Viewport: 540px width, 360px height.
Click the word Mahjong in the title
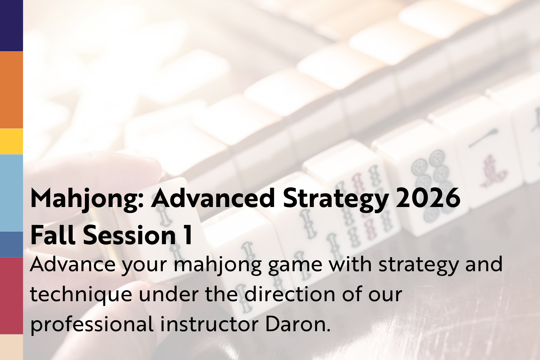click(x=87, y=199)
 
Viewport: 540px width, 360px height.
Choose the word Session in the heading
click(x=129, y=235)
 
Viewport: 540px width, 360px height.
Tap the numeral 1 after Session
click(x=188, y=235)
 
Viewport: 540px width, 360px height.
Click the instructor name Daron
click(x=298, y=324)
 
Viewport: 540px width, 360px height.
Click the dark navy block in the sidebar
click(x=11, y=25)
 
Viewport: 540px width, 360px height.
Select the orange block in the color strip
click(x=11, y=90)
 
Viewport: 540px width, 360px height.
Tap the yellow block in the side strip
click(x=11, y=142)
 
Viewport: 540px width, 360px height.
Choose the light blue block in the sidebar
click(x=11, y=193)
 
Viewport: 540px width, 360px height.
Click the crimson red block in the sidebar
click(x=11, y=296)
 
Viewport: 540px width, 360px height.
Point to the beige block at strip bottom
click(x=11, y=347)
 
